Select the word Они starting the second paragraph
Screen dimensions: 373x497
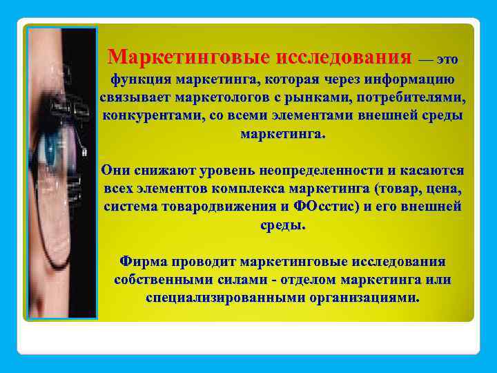[115, 170]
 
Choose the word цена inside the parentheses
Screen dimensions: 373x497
[443, 188]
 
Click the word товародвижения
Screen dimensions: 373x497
[215, 206]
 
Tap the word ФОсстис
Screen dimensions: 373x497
[327, 206]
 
